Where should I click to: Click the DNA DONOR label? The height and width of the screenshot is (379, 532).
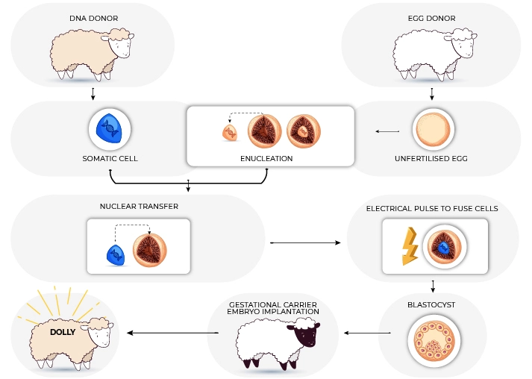point(93,17)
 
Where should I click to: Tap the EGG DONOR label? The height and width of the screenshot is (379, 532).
point(431,17)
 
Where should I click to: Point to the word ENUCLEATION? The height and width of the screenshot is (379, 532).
point(266,159)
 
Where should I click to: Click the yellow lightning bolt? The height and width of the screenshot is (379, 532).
point(410,246)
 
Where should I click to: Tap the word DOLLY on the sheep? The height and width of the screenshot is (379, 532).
point(63,332)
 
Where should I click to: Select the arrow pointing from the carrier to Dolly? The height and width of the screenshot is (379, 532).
point(173,333)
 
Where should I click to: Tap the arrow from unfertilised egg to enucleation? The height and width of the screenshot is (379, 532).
point(387,132)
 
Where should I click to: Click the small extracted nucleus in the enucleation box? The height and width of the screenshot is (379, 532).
point(231,133)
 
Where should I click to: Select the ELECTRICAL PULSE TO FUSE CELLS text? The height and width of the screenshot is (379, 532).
point(432,208)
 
